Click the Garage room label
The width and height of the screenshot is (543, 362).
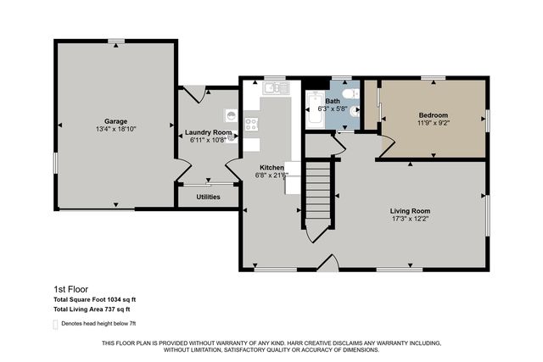coord(115,121)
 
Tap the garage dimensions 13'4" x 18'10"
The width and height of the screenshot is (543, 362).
coord(115,130)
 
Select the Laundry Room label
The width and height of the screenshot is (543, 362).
coord(209,132)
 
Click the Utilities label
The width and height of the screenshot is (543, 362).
coord(208,197)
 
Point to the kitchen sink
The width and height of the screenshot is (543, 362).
coord(275,87)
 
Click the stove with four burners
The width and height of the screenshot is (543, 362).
coord(252,123)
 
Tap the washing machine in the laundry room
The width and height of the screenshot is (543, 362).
coord(231,114)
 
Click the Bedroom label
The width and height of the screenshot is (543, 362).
coord(433,115)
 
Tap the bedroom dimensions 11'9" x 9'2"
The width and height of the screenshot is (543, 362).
coord(433,124)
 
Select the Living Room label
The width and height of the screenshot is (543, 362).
coord(410,210)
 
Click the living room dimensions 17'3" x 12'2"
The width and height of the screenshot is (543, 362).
coord(410,219)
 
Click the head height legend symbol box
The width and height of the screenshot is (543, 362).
coord(56,324)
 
